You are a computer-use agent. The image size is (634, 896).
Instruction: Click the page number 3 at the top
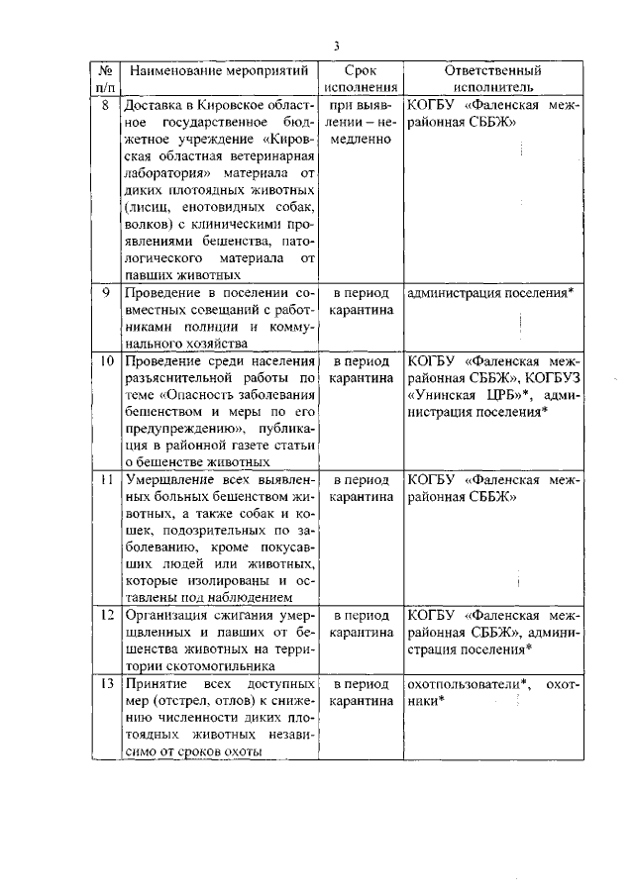[x=336, y=46]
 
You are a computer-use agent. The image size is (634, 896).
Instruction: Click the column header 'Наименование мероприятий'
[x=220, y=72]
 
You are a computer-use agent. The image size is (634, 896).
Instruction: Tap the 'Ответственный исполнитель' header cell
[x=492, y=79]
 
